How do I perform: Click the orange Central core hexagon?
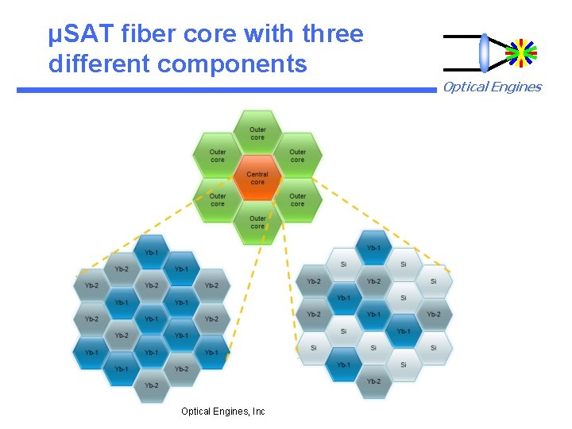pyautogui.click(x=257, y=178)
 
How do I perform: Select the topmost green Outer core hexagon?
pyautogui.click(x=257, y=133)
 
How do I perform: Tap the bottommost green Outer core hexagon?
pyautogui.click(x=257, y=222)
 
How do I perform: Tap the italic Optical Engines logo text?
pyautogui.click(x=492, y=87)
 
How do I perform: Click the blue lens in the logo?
pyautogui.click(x=484, y=52)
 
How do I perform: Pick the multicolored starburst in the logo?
pyautogui.click(x=521, y=52)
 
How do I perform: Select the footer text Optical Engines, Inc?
pyautogui.click(x=223, y=411)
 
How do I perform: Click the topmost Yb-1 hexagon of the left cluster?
pyautogui.click(x=151, y=253)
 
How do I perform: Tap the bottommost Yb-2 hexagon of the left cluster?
pyautogui.click(x=151, y=385)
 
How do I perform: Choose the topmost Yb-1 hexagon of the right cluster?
pyautogui.click(x=373, y=247)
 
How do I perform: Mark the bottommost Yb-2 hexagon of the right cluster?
pyautogui.click(x=373, y=381)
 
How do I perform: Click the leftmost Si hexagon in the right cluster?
pyautogui.click(x=313, y=347)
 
